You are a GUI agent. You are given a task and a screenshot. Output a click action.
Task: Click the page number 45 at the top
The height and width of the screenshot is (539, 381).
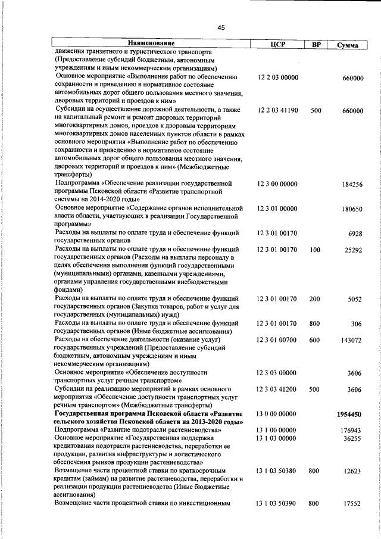tap(221, 27)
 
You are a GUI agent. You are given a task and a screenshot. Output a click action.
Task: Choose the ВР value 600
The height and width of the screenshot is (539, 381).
tap(316, 340)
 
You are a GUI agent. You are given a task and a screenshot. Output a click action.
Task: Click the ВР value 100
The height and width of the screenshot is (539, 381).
tap(316, 250)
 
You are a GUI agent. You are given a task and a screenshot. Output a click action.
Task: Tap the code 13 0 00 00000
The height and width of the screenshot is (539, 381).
tap(277, 414)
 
